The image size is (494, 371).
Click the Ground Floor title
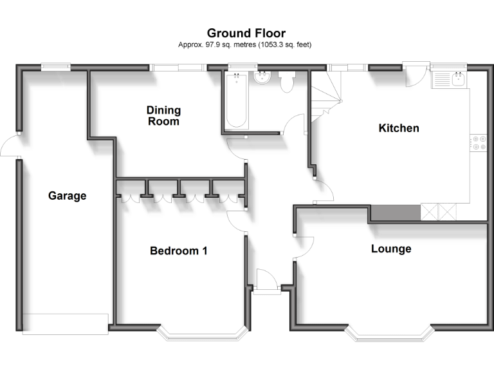point(246,33)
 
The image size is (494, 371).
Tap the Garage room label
point(67,196)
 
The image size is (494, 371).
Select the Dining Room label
point(163,115)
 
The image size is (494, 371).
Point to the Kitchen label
point(398,128)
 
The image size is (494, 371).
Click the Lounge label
point(391,249)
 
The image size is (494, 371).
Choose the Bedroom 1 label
point(178,251)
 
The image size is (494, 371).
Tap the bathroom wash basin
point(262,79)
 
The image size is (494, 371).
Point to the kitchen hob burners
point(479,142)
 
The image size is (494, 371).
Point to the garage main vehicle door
point(65,323)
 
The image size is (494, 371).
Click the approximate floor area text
point(246,44)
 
